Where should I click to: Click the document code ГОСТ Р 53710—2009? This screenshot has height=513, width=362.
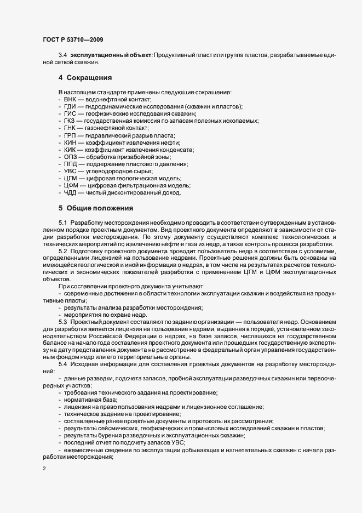72,39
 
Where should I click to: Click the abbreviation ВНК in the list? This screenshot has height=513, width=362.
71,99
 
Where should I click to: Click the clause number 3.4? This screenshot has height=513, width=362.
62,56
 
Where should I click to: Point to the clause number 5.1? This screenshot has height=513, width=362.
62,223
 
